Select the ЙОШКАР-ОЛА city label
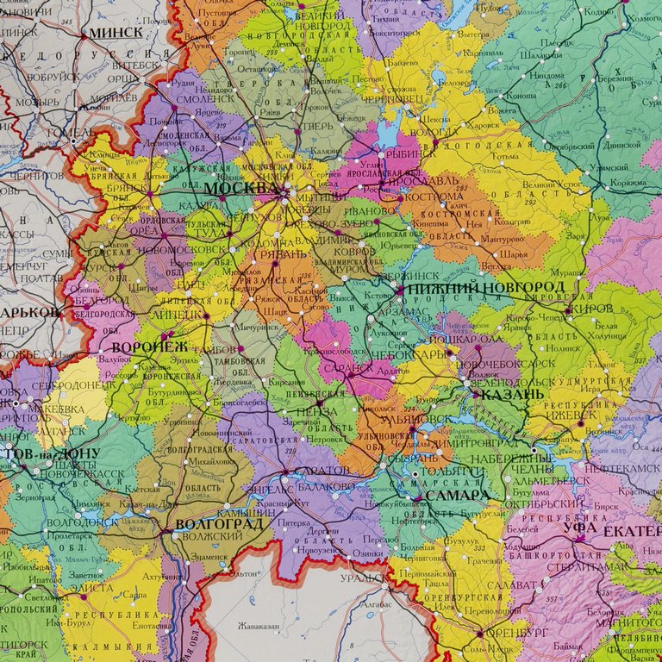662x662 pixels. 472,338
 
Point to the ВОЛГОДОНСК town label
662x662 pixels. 83,521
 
